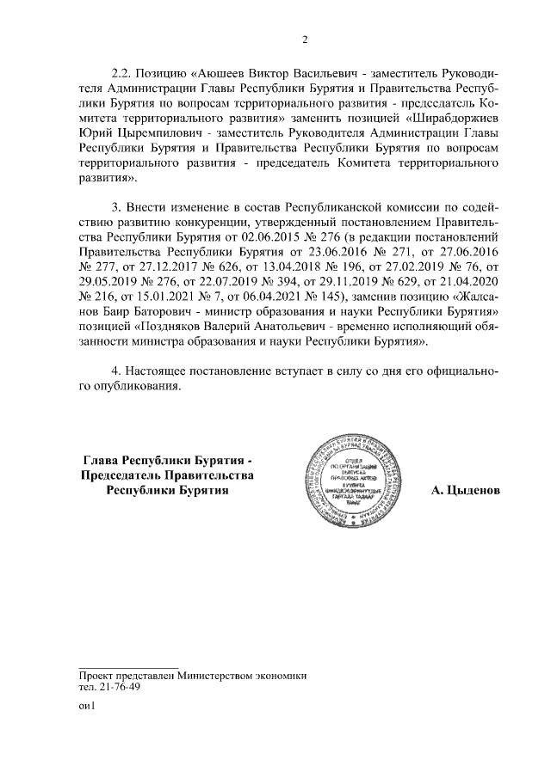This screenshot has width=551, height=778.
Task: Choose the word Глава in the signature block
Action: click(102, 462)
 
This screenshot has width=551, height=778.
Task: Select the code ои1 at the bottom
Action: click(85, 707)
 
